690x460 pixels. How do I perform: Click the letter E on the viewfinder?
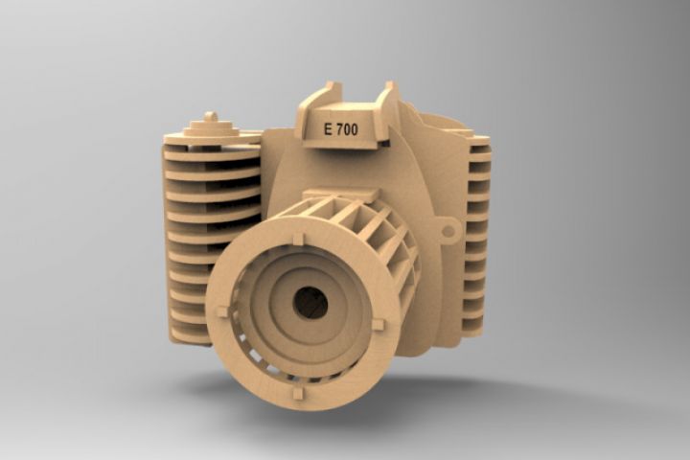[x=328, y=129]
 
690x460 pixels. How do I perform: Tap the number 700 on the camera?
[x=347, y=129]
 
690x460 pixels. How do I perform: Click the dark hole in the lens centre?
[x=310, y=303]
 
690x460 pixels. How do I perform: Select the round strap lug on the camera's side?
[x=448, y=231]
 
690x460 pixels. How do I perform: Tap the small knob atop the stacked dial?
[x=211, y=117]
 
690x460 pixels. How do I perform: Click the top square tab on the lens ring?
[x=298, y=239]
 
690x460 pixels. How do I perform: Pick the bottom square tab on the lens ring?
[x=298, y=393]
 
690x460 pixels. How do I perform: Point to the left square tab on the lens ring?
[x=222, y=311]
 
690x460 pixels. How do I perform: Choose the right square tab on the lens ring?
[x=378, y=325]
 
